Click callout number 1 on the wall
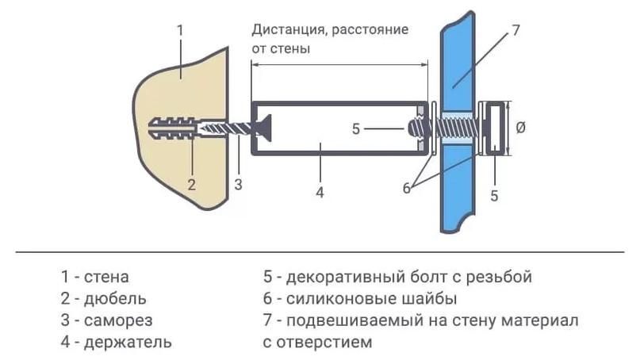tap(180, 30)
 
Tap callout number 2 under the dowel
tap(191, 185)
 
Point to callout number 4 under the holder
tap(320, 192)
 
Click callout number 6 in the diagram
tap(405, 188)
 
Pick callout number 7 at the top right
tap(515, 31)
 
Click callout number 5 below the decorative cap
tap(494, 196)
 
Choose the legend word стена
tap(107, 278)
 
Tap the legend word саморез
tap(119, 321)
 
